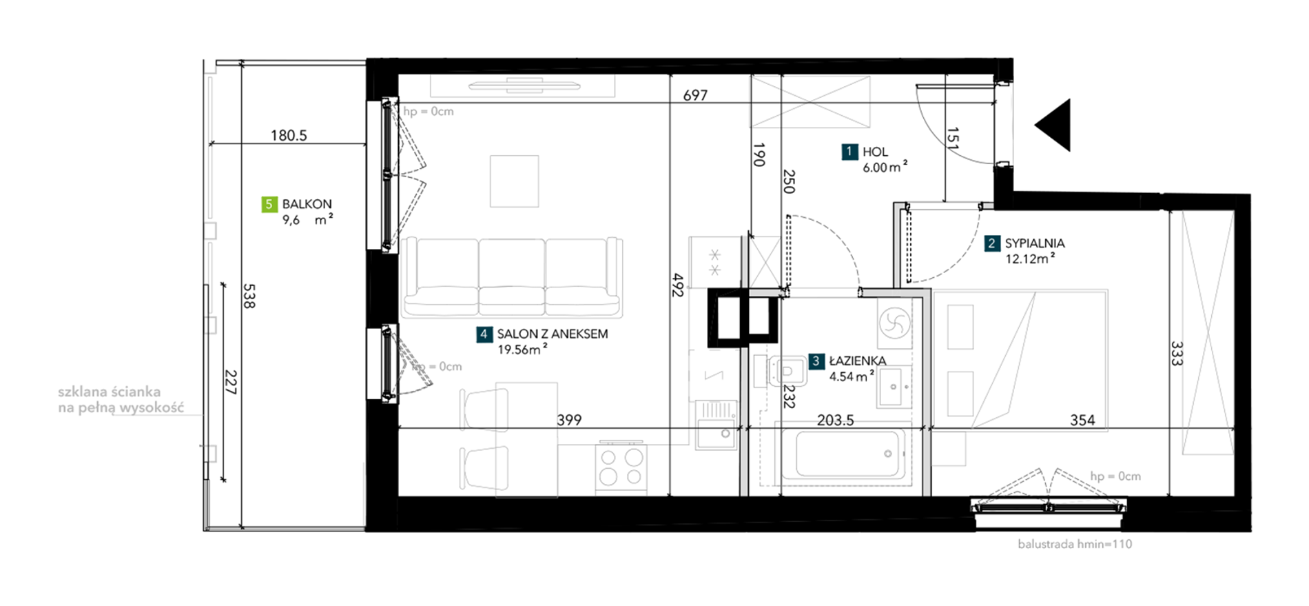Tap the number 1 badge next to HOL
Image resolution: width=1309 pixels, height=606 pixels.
(849, 152)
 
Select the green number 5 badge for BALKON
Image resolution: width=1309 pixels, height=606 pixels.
(269, 204)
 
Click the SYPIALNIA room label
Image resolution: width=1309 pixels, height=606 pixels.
(1034, 243)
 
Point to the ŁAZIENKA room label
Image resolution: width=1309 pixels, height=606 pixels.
(857, 361)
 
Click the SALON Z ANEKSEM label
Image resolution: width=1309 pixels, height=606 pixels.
(553, 334)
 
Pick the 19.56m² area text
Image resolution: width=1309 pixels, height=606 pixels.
(522, 350)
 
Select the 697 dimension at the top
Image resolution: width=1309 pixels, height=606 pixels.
(695, 96)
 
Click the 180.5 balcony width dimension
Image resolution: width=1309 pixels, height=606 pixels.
(289, 135)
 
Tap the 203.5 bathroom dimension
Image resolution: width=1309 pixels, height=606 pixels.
(835, 420)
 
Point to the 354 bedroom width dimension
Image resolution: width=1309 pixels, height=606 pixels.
(1082, 420)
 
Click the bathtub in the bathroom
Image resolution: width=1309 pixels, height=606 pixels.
(842, 454)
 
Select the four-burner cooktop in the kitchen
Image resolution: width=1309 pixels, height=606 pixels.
(621, 467)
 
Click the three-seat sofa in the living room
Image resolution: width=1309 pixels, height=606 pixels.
(512, 277)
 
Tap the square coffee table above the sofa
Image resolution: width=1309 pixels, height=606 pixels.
(514, 181)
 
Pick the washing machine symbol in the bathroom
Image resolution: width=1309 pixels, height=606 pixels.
(894, 322)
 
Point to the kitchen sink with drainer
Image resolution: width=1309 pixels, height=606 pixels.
(716, 425)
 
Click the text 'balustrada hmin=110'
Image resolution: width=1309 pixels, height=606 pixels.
(1075, 544)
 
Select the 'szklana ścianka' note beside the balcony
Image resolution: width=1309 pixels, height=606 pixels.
(109, 392)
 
